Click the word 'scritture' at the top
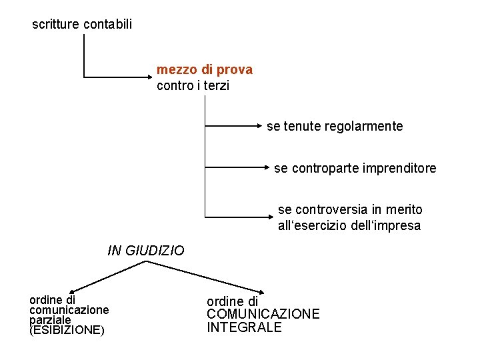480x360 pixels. tap(56, 25)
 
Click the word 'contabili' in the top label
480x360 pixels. tap(108, 25)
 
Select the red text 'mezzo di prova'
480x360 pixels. tap(204, 70)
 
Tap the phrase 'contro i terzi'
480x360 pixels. tap(192, 85)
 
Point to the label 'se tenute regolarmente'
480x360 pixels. tap(335, 126)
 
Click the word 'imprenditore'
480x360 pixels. tap(400, 168)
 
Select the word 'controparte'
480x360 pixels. tap(323, 168)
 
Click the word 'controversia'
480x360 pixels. tap(327, 209)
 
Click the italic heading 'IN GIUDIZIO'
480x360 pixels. tap(145, 251)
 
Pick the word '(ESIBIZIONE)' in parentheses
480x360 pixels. tap(67, 330)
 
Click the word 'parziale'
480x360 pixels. tap(50, 320)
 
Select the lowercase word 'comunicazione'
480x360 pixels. tap(69, 310)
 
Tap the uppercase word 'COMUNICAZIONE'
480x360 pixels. tap(263, 314)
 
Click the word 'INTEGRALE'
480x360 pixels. tap(244, 327)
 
